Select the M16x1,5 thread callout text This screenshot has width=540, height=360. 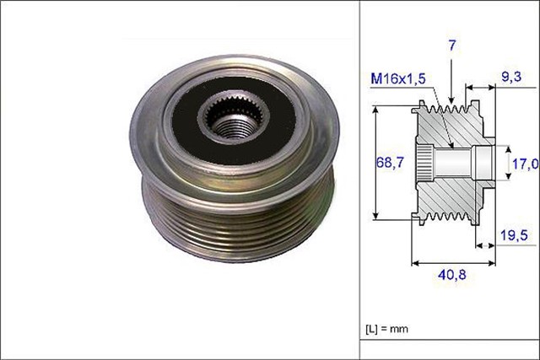click(x=397, y=78)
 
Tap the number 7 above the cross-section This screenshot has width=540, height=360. click(x=452, y=46)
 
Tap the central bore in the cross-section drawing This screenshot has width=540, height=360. click(x=460, y=160)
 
